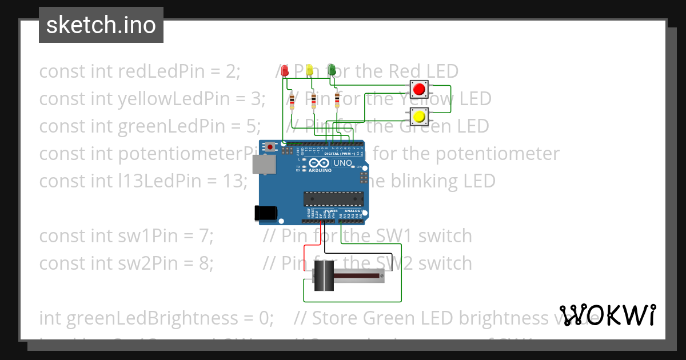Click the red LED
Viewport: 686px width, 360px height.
click(285, 70)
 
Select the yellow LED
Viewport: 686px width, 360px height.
click(309, 70)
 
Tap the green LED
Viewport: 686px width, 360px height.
click(332, 70)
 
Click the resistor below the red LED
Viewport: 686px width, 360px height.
click(292, 102)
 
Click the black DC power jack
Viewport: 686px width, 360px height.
click(266, 213)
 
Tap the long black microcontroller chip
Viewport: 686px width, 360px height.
click(333, 198)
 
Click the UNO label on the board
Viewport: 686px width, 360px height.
click(342, 163)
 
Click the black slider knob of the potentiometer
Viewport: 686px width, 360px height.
click(324, 278)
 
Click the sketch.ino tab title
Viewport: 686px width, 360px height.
click(101, 25)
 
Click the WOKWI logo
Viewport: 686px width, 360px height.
click(608, 315)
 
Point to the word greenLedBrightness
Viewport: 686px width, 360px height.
click(146, 318)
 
